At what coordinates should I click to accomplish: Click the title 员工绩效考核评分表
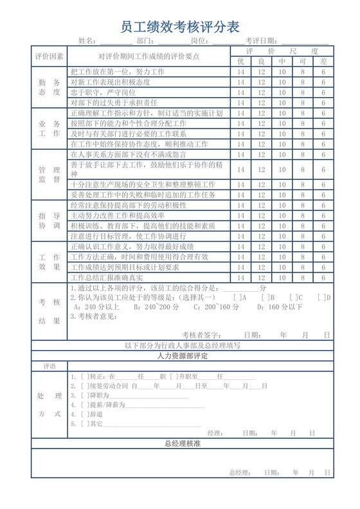(x=180, y=26)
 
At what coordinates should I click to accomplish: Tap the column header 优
(x=241, y=61)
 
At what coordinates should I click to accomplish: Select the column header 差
(x=323, y=61)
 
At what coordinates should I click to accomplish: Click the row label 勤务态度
(x=49, y=87)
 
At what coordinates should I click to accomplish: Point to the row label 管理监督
(x=49, y=175)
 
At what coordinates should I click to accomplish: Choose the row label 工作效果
(x=49, y=262)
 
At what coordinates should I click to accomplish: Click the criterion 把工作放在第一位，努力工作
(x=118, y=71)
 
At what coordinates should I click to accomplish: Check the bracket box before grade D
(x=321, y=298)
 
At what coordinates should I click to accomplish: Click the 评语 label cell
(x=49, y=366)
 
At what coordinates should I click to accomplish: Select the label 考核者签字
(x=201, y=335)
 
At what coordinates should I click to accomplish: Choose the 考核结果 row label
(x=49, y=311)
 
